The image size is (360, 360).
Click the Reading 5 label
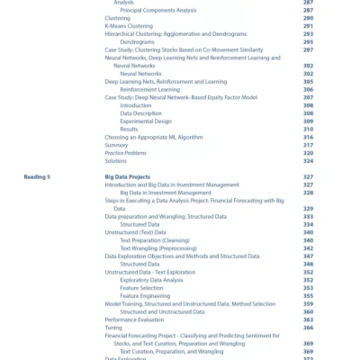coord(37,177)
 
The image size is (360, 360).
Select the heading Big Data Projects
coord(127,177)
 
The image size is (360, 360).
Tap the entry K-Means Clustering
coord(125,26)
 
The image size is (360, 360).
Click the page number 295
coord(308,41)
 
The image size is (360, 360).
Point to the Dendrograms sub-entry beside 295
coord(137,41)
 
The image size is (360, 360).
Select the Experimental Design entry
coord(146,121)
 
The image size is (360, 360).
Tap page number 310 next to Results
coord(308,129)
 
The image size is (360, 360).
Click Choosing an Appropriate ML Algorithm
coord(154,137)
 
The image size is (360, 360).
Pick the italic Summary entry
coord(116,145)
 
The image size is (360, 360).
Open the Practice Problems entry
coord(125,153)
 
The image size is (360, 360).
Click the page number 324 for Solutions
coord(308,161)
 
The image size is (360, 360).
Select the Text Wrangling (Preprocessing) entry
coord(158,247)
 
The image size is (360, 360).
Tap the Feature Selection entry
coord(141,288)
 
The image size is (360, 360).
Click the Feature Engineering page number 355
coord(308,296)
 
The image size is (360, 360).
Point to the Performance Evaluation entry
coord(134,319)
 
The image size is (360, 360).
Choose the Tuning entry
coord(113,328)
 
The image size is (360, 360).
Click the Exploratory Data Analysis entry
coord(151,280)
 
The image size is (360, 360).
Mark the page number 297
coord(308,49)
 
